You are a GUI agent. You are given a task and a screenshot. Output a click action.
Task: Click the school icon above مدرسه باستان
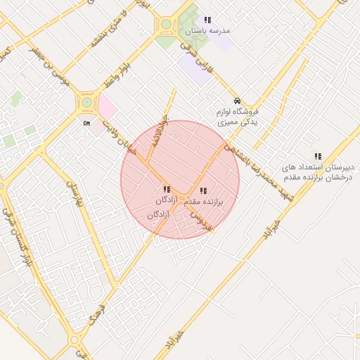click(207, 20)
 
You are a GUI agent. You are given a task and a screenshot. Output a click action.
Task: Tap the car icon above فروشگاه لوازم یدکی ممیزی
click(238, 100)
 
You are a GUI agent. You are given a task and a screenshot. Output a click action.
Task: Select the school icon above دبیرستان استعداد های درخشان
click(318, 156)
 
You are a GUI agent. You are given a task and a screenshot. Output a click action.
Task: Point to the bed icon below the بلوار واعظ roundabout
click(86, 124)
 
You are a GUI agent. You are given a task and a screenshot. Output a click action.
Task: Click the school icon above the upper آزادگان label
click(167, 189)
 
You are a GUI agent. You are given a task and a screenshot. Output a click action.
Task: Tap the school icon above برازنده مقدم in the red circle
click(203, 190)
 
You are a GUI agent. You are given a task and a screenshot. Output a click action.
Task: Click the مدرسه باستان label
click(208, 32)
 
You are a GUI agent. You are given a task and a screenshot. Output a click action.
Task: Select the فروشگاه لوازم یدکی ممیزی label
click(236, 117)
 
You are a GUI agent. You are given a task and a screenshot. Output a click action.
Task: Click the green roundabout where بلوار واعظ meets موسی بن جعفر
click(86, 103)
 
